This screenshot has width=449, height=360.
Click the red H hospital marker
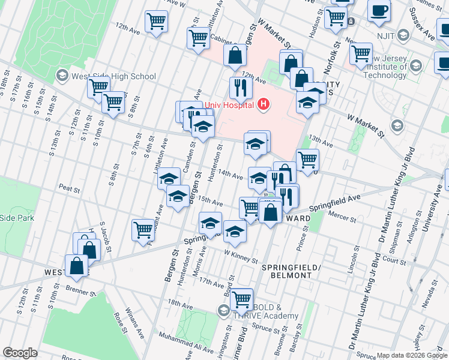point(262,105)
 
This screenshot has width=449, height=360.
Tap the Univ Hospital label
point(230,105)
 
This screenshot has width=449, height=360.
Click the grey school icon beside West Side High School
point(62,76)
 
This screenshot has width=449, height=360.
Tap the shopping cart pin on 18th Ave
point(241,298)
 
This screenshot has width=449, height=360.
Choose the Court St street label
point(394,261)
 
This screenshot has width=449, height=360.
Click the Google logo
point(20,353)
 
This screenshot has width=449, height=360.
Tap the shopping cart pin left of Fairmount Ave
point(143,230)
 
